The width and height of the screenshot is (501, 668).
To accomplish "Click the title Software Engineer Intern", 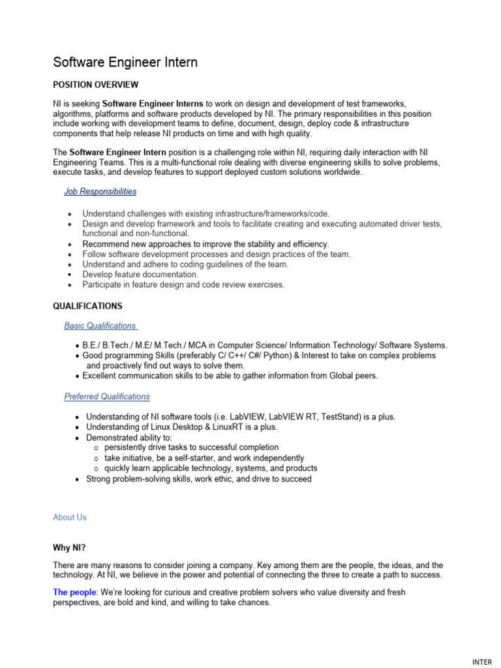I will tap(125, 63).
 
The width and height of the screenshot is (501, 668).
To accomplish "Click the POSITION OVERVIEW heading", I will tap(95, 85).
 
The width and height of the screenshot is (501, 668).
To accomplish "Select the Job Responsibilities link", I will tap(100, 191).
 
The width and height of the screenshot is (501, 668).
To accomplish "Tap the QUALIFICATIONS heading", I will tap(87, 305).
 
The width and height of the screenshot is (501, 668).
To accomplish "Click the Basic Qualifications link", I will tap(100, 326).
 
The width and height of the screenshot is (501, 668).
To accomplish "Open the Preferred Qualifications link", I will tap(107, 396).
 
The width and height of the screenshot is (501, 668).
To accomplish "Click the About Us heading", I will tap(70, 517).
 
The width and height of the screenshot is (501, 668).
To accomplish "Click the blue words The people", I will tap(74, 592).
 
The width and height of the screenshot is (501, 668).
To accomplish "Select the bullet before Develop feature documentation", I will tap(70, 275).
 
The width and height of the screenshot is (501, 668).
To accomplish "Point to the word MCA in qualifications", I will tap(202, 345).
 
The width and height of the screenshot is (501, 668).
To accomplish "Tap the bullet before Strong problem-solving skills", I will tap(78, 479).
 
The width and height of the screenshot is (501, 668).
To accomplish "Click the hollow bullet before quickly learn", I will tap(95, 468).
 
